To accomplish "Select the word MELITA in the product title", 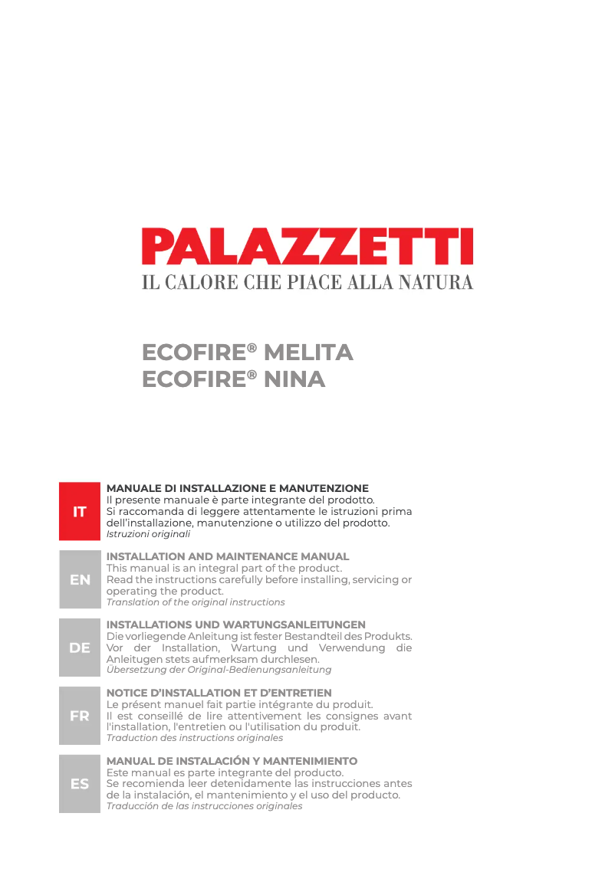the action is pyautogui.click(x=308, y=353).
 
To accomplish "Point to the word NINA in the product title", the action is pyautogui.click(x=294, y=379).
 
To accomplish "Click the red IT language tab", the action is pyautogui.click(x=80, y=511).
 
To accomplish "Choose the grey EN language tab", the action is pyautogui.click(x=80, y=579).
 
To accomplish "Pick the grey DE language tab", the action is pyautogui.click(x=80, y=648).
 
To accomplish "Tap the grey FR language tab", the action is pyautogui.click(x=80, y=716).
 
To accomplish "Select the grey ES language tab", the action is pyautogui.click(x=80, y=784).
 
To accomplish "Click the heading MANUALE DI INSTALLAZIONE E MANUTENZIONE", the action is pyautogui.click(x=237, y=488).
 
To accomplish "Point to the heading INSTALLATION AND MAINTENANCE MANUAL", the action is pyautogui.click(x=227, y=556).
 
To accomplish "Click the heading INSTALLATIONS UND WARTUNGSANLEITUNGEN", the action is pyautogui.click(x=235, y=625).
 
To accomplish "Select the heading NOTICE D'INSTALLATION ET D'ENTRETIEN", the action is pyautogui.click(x=219, y=693).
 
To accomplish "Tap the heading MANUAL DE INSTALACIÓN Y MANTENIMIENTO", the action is pyautogui.click(x=232, y=761).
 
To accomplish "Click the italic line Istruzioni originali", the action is pyautogui.click(x=148, y=533).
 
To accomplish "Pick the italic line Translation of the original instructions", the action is pyautogui.click(x=195, y=602).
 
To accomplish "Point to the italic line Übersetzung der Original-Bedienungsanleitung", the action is pyautogui.click(x=219, y=670).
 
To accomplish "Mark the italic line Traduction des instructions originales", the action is pyautogui.click(x=194, y=738).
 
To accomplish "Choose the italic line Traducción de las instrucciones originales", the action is pyautogui.click(x=204, y=806).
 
